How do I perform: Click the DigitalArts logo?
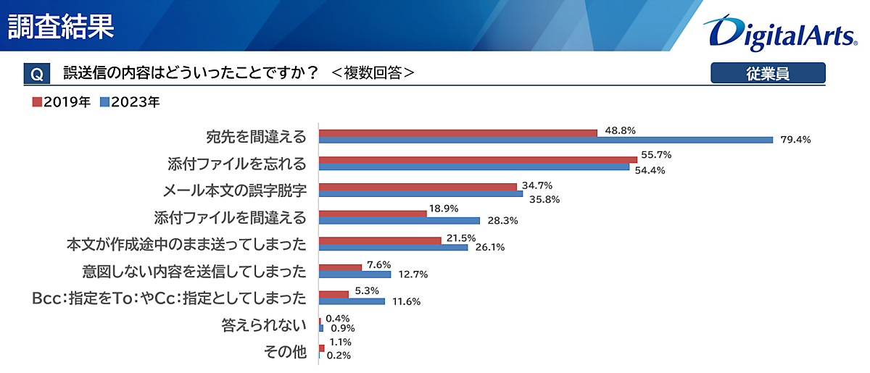pos(779,32)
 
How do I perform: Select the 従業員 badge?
pos(768,73)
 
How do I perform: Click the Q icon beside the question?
pos(37,74)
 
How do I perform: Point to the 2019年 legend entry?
pos(62,102)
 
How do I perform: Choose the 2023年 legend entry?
pos(130,102)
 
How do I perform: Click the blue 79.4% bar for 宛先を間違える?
pos(546,140)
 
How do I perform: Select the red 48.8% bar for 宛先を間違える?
pos(458,133)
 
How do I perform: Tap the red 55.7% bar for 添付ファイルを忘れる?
pos(478,159)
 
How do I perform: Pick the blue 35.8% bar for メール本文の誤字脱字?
pos(420,193)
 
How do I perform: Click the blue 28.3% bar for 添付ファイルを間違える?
pos(399,220)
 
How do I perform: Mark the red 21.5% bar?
pos(380,240)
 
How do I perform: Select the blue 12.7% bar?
pos(355,274)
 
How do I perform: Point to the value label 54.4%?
pos(650,171)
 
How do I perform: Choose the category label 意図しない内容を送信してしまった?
pos(194,271)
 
